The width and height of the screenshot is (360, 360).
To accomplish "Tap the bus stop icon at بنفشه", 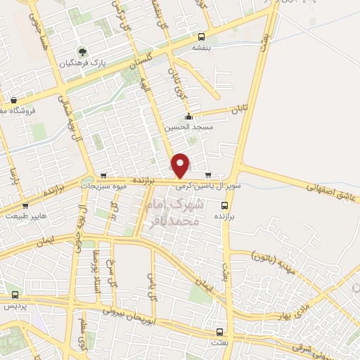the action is click(202, 37).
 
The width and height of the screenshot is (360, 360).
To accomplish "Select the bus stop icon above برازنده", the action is click(224, 205).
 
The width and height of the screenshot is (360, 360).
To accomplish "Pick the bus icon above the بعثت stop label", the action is click(220, 331).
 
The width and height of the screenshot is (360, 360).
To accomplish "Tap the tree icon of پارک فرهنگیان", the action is click(83, 51).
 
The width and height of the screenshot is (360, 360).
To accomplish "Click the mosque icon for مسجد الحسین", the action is click(188, 117).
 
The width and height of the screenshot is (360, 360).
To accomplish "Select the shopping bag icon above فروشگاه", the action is click(14, 100).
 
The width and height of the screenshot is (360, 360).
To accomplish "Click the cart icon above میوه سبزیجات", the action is click(104, 176).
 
